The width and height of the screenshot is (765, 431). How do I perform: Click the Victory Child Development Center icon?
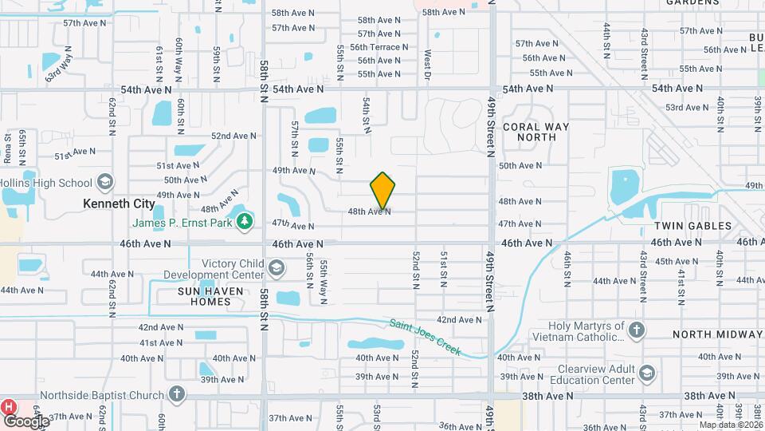click(276, 268)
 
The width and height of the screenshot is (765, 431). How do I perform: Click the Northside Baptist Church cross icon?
click(177, 394)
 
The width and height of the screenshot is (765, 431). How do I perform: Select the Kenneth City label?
click(119, 204)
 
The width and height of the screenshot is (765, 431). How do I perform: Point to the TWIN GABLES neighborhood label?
click(697, 226)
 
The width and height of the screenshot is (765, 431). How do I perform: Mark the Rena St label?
click(7, 148)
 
